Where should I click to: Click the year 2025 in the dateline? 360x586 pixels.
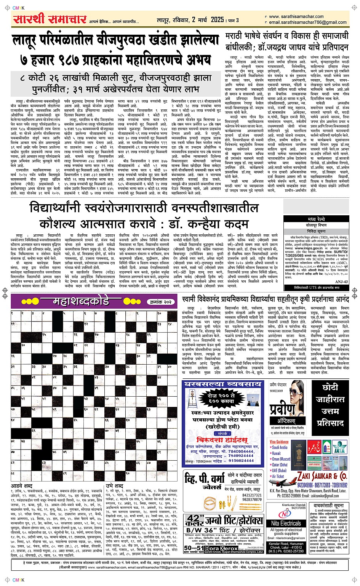[217, 19]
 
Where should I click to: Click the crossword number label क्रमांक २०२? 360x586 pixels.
[161, 301]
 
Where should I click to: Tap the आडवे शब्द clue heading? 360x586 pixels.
[22, 486]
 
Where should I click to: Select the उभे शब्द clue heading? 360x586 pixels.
[114, 486]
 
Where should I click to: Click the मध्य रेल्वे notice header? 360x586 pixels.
[316, 219]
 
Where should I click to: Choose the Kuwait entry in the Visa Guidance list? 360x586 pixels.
[276, 453]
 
